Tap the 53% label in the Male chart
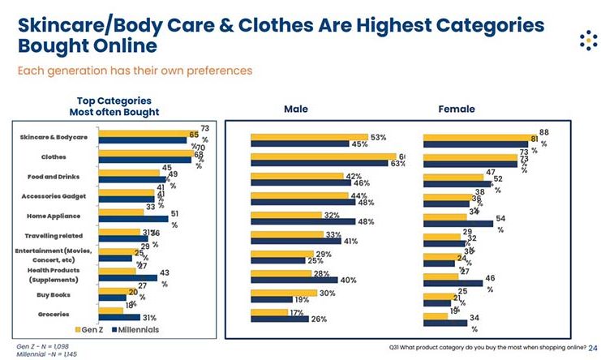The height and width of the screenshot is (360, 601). pyautogui.click(x=378, y=137)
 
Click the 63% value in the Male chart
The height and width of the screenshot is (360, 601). pyautogui.click(x=397, y=164)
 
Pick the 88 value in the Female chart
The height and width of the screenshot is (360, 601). pyautogui.click(x=543, y=131)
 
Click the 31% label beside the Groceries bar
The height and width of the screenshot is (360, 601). pyautogui.click(x=149, y=318)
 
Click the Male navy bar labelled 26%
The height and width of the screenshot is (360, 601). pyautogui.click(x=280, y=319)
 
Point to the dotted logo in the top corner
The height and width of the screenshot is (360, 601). pyautogui.click(x=581, y=41)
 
